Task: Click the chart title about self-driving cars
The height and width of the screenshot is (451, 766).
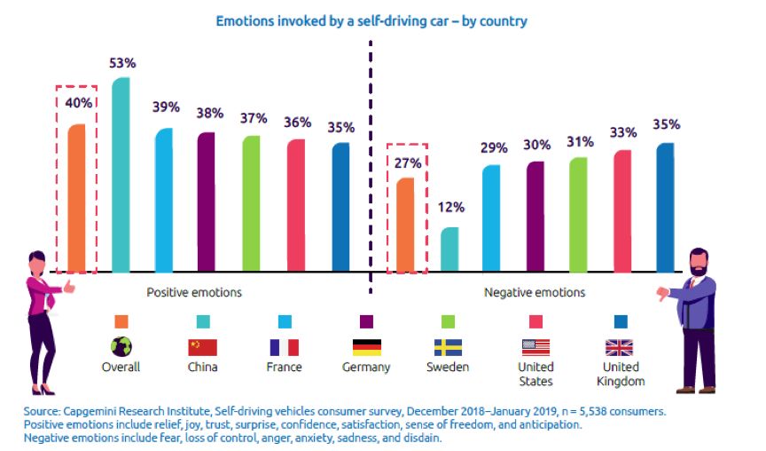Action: click(371, 20)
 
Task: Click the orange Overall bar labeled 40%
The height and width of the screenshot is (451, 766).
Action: click(77, 197)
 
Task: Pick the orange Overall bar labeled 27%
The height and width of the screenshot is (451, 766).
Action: click(404, 224)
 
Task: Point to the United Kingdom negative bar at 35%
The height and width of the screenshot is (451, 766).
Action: click(665, 207)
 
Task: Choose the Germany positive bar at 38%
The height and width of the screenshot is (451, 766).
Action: click(206, 202)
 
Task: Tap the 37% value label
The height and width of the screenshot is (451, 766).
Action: click(253, 119)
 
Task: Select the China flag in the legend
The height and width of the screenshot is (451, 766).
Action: click(202, 347)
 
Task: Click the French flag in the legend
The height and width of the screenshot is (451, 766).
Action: click(284, 347)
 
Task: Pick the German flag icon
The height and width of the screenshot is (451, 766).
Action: click(366, 347)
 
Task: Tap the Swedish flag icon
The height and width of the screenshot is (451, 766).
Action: click(448, 347)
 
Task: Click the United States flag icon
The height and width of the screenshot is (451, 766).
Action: click(535, 347)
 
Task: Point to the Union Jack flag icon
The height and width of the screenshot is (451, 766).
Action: click(619, 347)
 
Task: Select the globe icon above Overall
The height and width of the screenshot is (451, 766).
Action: click(121, 346)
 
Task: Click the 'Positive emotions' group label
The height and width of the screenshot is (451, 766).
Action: click(193, 291)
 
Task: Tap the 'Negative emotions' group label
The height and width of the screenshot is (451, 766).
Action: click(535, 291)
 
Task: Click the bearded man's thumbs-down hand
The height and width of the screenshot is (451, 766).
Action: click(663, 294)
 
